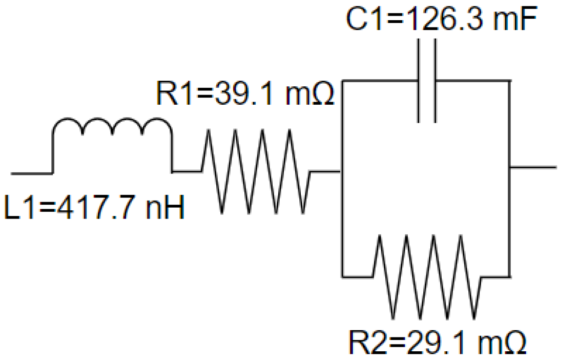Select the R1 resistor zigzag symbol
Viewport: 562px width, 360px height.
point(255,171)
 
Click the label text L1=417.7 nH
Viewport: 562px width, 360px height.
point(94,208)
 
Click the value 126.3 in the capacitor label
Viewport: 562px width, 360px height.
point(440,18)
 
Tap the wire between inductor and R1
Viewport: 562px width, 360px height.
point(186,171)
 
